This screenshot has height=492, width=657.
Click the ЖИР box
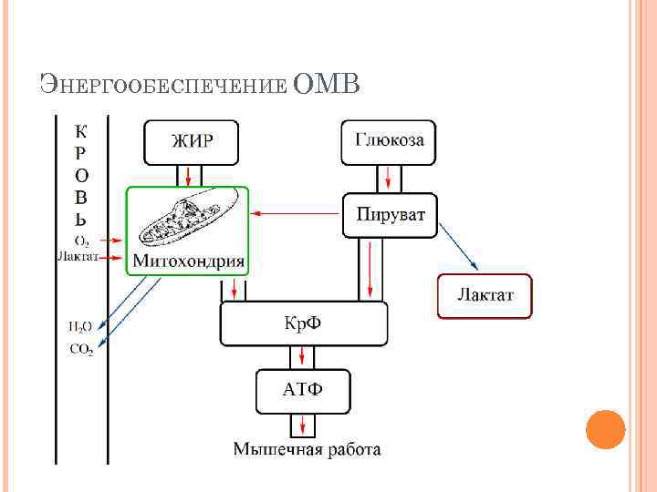point(192,141)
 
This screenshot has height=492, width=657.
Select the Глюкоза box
point(389,141)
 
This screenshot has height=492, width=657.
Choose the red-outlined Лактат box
point(485,295)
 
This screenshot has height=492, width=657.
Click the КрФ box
point(304,323)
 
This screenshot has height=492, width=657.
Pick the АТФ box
point(303,391)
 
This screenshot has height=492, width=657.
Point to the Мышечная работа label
point(307,448)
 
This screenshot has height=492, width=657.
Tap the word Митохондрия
point(189,261)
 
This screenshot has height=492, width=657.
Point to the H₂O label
point(79,326)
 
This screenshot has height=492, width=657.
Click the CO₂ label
point(80,348)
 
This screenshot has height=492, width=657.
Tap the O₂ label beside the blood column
point(82,241)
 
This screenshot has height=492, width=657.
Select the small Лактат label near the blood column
point(78,257)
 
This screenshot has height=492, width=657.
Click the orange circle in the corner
point(605,429)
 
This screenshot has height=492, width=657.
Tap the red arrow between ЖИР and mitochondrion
point(187,175)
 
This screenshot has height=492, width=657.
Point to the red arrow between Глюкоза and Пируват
point(389,175)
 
